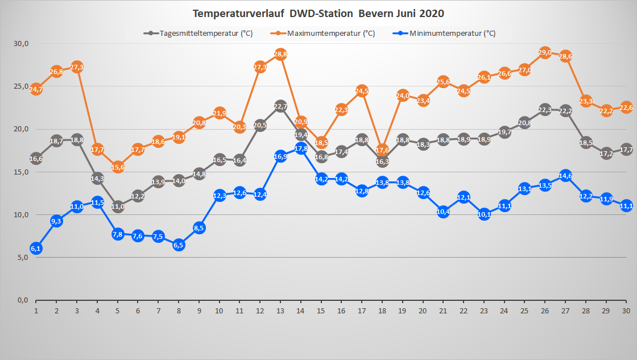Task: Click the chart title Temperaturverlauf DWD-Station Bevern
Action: [318, 13]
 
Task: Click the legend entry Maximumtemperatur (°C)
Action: [330, 34]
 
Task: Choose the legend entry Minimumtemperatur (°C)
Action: [452, 34]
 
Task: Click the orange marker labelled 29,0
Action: [545, 53]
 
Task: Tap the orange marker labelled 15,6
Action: [118, 167]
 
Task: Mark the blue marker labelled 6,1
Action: [36, 248]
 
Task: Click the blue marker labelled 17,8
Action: [301, 148]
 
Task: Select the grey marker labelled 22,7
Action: [280, 106]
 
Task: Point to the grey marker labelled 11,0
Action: [118, 206]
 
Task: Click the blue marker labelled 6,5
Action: [179, 245]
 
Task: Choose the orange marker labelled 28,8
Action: [280, 55]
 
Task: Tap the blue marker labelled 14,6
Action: [565, 176]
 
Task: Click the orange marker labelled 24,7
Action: [36, 89]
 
